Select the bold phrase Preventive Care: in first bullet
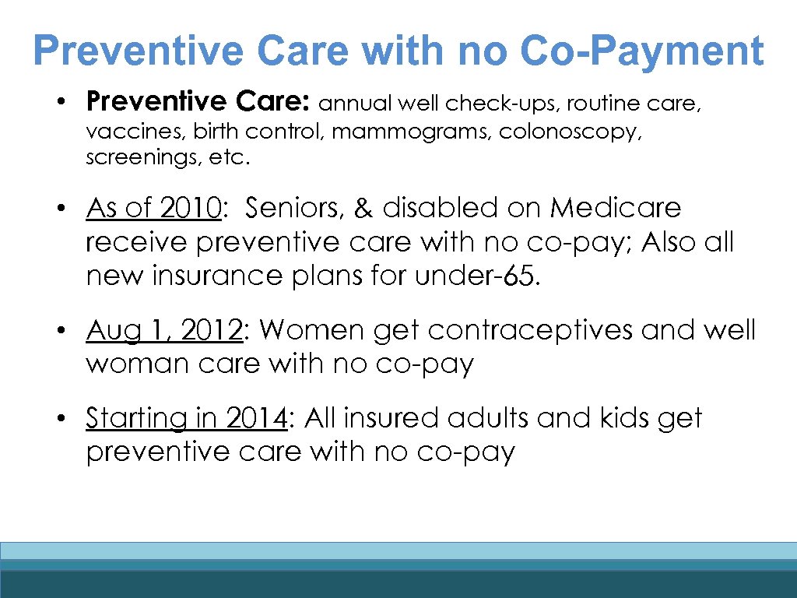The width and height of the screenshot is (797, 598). (199, 102)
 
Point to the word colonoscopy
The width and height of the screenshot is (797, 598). (571, 132)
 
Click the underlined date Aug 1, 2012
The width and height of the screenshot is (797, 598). (164, 330)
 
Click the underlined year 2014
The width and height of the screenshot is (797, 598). (256, 418)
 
